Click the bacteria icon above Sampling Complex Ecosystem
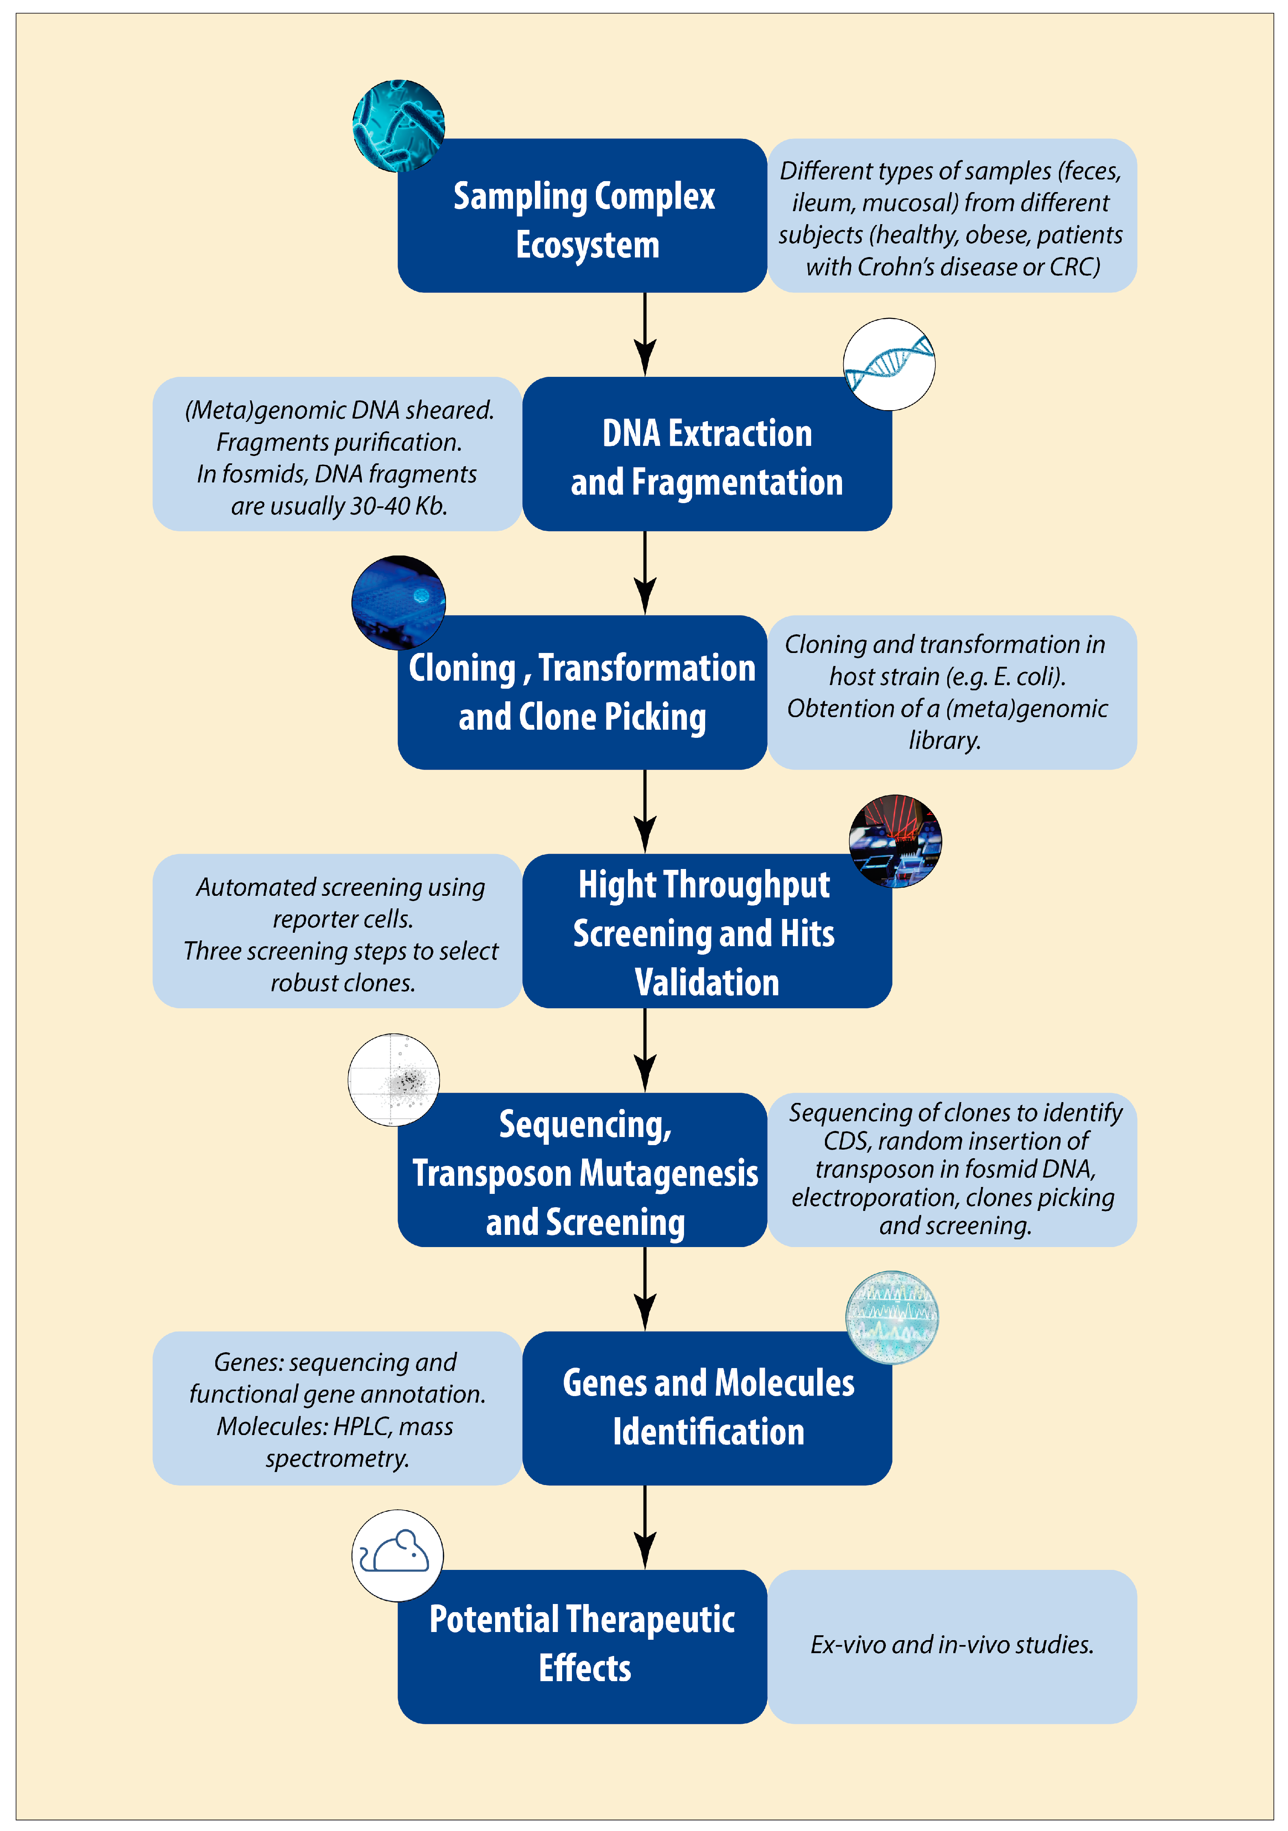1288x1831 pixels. point(398,125)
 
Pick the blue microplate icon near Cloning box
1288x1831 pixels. point(398,602)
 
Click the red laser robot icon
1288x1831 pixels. point(895,841)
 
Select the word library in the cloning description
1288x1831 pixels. point(944,741)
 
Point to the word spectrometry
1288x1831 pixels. point(338,1459)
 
